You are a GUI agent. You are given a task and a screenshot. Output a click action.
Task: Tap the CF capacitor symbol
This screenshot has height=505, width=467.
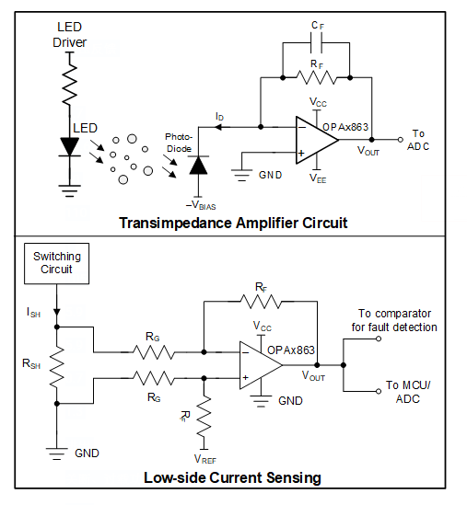pyautogui.click(x=316, y=43)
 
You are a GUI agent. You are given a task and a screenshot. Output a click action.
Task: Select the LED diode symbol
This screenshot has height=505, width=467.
pyautogui.click(x=70, y=147)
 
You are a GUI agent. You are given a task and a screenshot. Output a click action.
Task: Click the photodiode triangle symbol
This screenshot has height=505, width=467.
pyautogui.click(x=198, y=166)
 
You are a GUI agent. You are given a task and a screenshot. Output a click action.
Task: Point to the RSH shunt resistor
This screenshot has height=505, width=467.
pyautogui.click(x=57, y=365)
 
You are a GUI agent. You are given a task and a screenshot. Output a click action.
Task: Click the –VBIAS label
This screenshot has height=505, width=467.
pyautogui.click(x=201, y=205)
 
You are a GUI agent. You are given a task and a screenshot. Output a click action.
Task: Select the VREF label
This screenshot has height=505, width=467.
pyautogui.click(x=205, y=459)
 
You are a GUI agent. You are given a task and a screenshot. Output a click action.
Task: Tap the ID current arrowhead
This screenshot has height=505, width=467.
pyautogui.click(x=218, y=127)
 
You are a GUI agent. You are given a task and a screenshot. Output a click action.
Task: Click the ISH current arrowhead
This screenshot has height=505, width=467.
pyautogui.click(x=57, y=312)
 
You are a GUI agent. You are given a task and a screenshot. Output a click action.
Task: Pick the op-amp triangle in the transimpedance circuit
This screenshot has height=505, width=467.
pyautogui.click(x=317, y=140)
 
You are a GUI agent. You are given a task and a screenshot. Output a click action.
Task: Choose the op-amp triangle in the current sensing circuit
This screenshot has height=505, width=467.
pyautogui.click(x=261, y=365)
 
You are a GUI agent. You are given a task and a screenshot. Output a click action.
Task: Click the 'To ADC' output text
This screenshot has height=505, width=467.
pyautogui.click(x=418, y=140)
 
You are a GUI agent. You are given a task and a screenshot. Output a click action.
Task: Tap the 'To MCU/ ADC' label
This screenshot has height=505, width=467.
pyautogui.click(x=408, y=392)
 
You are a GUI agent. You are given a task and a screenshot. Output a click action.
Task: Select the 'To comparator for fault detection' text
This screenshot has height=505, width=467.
pyautogui.click(x=394, y=320)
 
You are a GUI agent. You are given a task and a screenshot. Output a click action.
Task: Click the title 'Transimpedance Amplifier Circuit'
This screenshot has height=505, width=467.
pyautogui.click(x=233, y=223)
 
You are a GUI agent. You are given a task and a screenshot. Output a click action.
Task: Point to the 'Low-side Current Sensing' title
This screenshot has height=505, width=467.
pyautogui.click(x=232, y=477)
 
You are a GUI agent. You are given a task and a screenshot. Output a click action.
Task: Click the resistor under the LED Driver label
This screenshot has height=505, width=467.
pyautogui.click(x=70, y=85)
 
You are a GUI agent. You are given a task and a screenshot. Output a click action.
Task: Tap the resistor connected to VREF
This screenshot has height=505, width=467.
pyautogui.click(x=204, y=417)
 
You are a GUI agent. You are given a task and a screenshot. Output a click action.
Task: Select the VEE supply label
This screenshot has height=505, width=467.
pyautogui.click(x=318, y=178)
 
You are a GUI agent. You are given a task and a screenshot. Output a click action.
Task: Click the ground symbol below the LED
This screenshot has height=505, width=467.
pyautogui.click(x=70, y=190)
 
